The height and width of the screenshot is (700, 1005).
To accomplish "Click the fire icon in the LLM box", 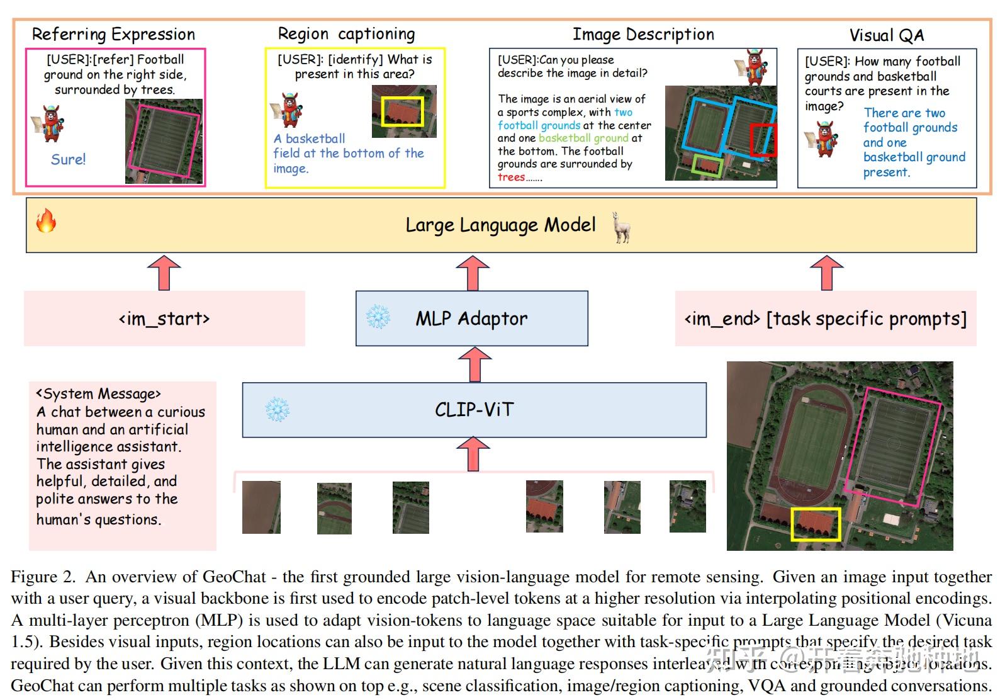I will pos(46,221).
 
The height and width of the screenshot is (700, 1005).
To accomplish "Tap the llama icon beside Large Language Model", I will pos(621,227).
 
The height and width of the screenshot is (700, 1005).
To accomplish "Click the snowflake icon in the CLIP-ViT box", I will pos(277,410).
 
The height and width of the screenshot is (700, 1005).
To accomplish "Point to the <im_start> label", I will pos(164,319).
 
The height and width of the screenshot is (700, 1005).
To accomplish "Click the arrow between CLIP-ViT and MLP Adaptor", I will pos(475,364).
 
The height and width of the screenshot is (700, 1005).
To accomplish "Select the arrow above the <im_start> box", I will pos(164,273).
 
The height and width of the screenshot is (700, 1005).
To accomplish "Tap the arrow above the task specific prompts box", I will pos(826,273).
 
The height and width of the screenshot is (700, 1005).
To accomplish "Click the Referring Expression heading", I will pos(113,34).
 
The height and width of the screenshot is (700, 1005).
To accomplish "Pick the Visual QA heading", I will pos(887,35).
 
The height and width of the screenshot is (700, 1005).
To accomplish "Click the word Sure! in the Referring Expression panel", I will pos(68,159).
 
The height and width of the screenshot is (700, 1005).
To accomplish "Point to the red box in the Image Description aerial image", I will pos(763,140).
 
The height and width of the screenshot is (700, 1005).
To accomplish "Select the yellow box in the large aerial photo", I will pos(816,524).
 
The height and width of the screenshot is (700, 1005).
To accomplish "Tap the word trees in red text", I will pos(511,178).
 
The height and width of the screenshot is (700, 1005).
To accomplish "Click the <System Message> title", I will pos(99,394).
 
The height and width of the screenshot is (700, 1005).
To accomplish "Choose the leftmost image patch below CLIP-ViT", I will pos(261,507).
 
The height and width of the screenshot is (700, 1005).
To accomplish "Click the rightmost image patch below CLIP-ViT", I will pos(687,507).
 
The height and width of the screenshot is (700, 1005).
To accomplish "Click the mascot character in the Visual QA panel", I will pos(826,139).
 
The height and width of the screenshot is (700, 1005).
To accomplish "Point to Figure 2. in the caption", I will pos(43,577).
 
